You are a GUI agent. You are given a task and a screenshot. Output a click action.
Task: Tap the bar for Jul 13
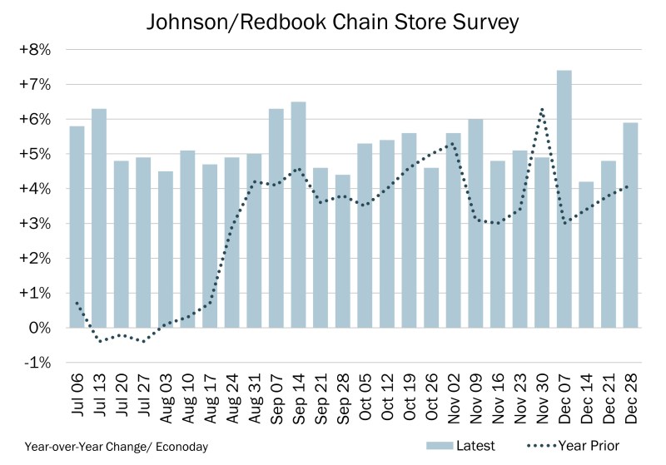pos(99,218)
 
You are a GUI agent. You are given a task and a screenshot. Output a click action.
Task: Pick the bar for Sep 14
pos(298,215)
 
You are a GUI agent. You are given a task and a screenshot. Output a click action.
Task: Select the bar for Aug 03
pos(166,250)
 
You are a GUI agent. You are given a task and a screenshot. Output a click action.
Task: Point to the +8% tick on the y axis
pos(35,50)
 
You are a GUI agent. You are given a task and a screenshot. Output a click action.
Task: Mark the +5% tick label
pos(35,154)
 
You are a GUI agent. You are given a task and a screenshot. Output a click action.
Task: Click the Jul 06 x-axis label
pos(77,398)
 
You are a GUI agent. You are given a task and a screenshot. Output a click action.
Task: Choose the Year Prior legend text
pos(588,446)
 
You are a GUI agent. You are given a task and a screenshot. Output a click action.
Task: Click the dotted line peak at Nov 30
pos(542,109)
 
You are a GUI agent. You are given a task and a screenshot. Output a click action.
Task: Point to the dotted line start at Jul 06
pos(77,303)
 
